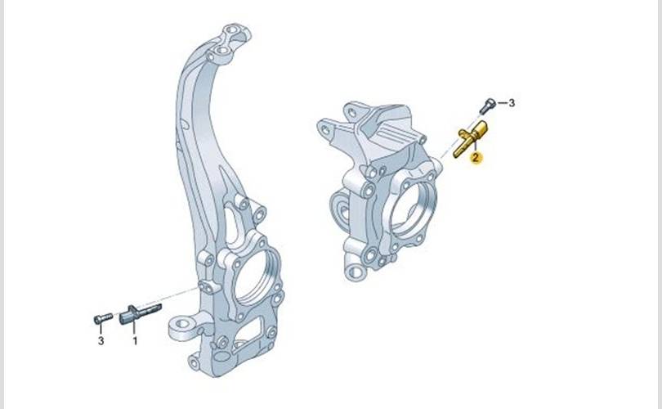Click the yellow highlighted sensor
tap(470, 139)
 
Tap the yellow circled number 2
tap(476, 158)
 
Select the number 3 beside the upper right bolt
tap(512, 103)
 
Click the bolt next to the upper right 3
tap(487, 105)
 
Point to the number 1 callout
tap(135, 340)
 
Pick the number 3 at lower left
tap(101, 340)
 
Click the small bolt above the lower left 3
tap(103, 318)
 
